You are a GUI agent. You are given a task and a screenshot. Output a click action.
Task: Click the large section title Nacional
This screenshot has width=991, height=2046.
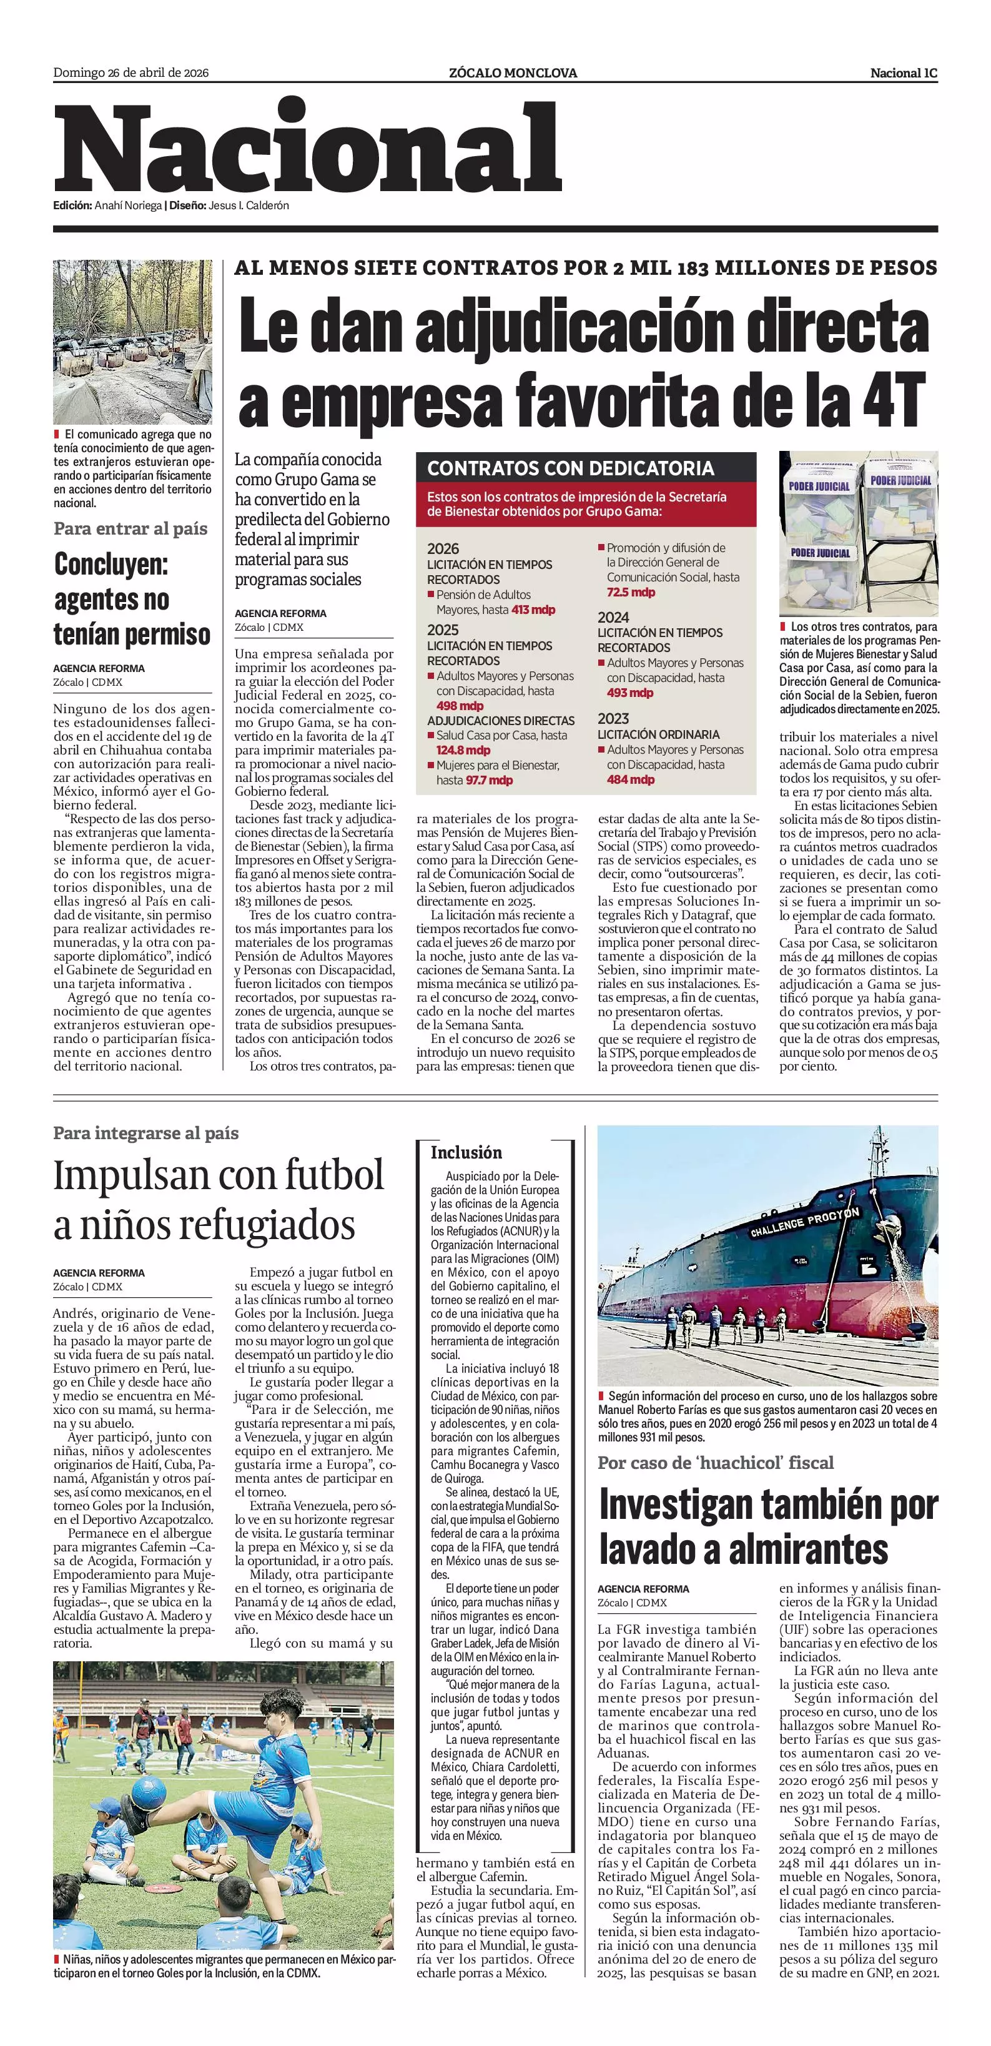[307, 149]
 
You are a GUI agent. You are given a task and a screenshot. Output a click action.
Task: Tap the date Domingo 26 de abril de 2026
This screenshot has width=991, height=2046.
[131, 73]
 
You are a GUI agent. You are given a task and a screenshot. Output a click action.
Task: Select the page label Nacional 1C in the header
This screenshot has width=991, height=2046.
[903, 73]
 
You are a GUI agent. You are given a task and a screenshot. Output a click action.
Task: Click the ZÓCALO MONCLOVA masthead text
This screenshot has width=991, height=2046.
[512, 73]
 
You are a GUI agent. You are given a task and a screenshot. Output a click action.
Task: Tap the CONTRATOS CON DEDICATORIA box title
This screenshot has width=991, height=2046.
[570, 468]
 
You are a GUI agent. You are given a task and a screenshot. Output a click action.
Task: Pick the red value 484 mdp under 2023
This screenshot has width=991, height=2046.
[631, 780]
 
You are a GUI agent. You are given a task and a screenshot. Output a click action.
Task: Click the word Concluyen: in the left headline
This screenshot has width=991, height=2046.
[111, 565]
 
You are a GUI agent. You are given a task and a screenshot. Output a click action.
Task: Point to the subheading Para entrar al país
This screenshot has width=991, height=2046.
[131, 529]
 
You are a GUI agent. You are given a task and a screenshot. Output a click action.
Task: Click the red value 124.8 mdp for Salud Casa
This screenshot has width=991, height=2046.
[463, 750]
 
